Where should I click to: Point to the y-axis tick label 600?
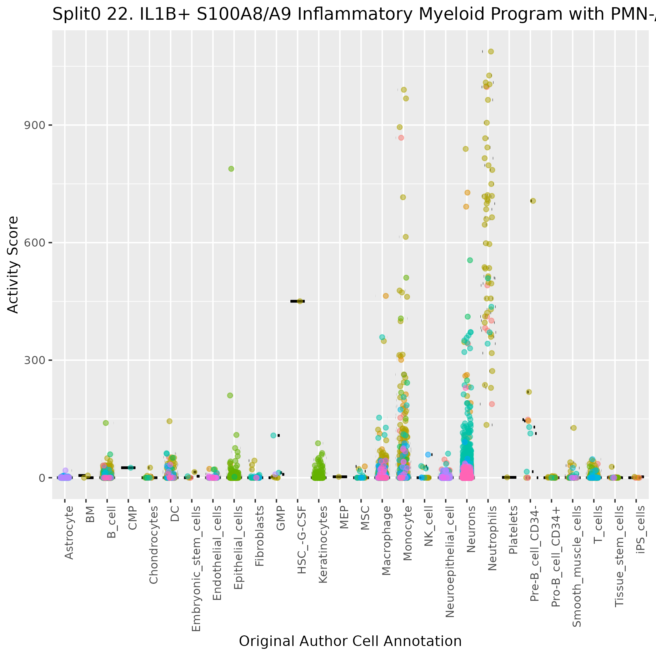[34, 243]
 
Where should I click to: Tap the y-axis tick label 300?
[34, 360]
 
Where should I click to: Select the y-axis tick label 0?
[42, 478]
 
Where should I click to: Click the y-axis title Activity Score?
[13, 264]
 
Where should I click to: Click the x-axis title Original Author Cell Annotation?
[350, 641]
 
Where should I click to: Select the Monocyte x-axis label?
[408, 533]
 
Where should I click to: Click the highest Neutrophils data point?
[491, 52]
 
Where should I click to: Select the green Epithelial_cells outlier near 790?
[231, 169]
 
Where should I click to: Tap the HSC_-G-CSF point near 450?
[299, 301]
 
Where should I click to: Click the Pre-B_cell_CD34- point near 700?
[533, 201]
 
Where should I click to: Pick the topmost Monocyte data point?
[404, 90]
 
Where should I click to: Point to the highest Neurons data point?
[466, 149]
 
